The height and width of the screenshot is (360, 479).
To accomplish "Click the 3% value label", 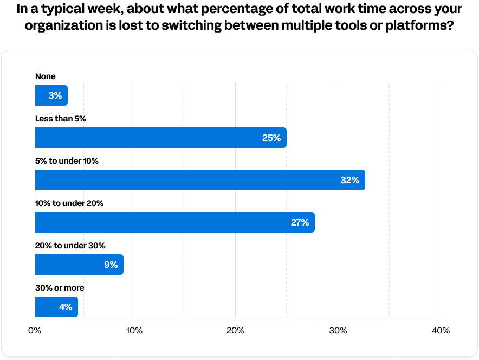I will pos(55,96).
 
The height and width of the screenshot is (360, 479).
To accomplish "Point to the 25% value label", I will pos(271,138).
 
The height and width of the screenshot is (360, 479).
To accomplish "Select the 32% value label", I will pos(350,181).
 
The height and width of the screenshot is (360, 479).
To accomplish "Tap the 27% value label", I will pos(300,223).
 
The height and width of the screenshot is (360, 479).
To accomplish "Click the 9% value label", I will pos(111,265).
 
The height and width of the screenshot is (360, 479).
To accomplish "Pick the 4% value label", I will pos(66,307).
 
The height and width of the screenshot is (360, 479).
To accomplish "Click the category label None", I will pos(46,76).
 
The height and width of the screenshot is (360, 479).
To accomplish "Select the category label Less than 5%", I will pos(61,119).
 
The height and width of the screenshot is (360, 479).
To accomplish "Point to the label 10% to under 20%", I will pos(69,203).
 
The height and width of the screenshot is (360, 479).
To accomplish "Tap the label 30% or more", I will pos(60,288).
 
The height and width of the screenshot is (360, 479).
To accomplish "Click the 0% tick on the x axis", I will pos(35,331).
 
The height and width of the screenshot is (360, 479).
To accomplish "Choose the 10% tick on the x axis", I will pos(134,331).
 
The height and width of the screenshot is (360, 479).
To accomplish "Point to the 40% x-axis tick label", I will pos(441,331).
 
